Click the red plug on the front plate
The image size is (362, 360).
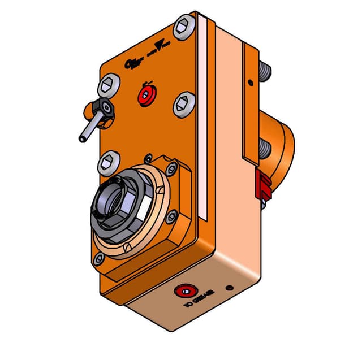pyautogui.click(x=147, y=96)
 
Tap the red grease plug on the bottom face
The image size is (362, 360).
pyautogui.click(x=186, y=292)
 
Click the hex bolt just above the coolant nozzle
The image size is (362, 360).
pyautogui.click(x=108, y=86)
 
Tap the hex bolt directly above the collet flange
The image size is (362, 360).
pyautogui.click(x=109, y=163)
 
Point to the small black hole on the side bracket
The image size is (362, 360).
pyautogui.click(x=250, y=83)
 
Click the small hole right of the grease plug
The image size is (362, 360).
pyautogui.click(x=230, y=288)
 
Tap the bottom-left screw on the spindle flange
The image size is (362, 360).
pyautogui.click(x=100, y=258)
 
